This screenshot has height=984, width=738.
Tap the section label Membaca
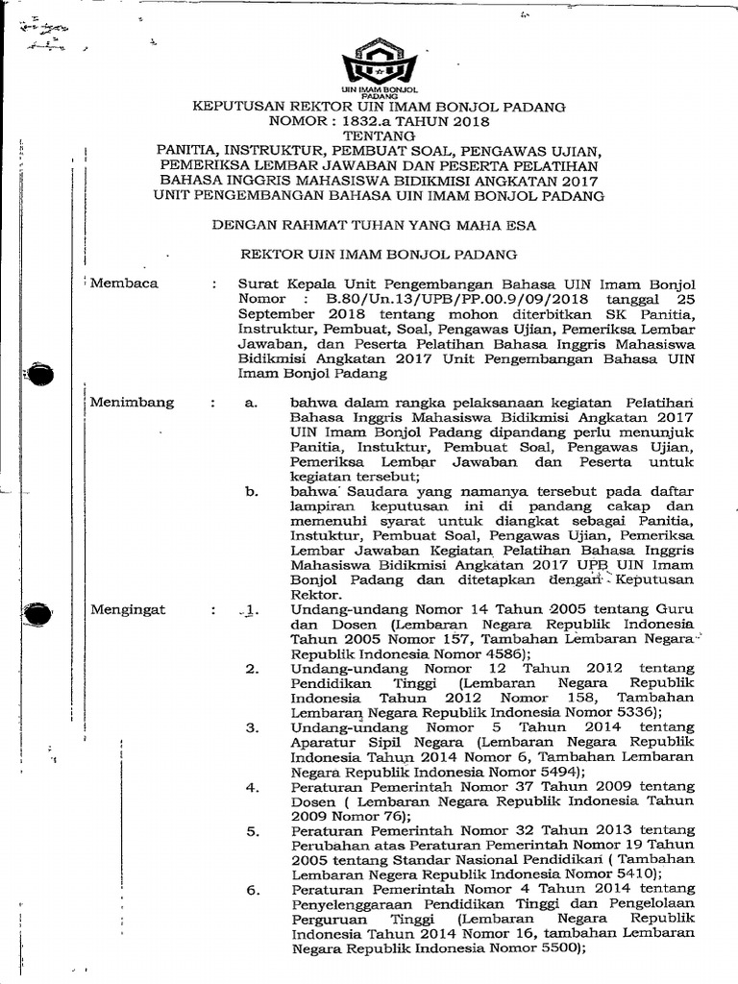coord(124,283)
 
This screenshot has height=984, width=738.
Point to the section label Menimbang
coord(132,403)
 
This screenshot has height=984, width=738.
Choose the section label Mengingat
coord(128,609)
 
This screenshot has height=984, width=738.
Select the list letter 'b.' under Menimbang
coord(253,492)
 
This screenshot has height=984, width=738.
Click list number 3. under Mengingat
coord(253,728)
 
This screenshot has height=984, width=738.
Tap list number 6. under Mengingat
coord(253,890)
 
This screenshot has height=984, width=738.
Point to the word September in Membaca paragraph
coord(280,313)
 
